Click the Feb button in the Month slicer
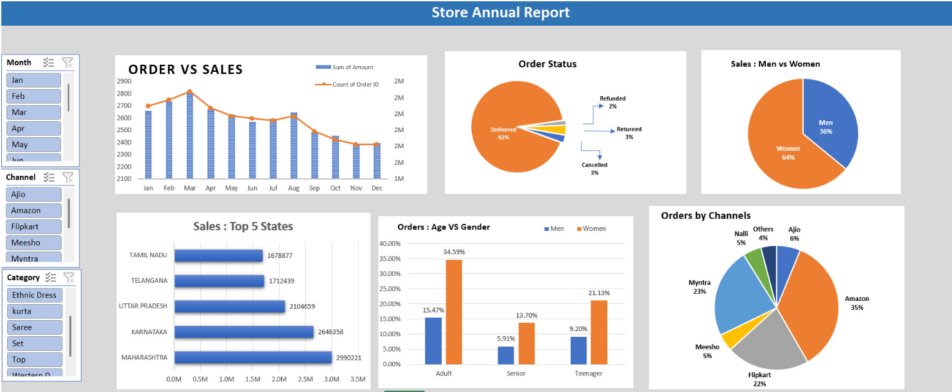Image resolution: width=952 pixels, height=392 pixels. tap(33, 96)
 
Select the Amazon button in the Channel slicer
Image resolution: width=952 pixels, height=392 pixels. tap(34, 210)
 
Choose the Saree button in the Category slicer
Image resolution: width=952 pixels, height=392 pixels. tap(35, 327)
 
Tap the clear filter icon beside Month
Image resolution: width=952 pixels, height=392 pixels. tap(67, 62)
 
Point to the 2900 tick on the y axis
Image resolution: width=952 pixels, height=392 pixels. tap(124, 81)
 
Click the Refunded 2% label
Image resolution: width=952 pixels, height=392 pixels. tap(612, 102)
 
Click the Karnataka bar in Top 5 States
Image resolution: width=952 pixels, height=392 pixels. tap(244, 332)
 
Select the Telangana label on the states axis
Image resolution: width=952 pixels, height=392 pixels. tap(148, 280)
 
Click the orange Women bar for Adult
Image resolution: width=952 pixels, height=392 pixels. tap(454, 311)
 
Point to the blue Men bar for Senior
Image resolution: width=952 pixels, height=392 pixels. tap(506, 355)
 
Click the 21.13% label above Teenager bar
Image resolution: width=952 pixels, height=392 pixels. tap(600, 293)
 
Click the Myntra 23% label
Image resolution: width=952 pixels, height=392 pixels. tap(699, 287)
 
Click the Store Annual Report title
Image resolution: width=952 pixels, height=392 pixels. tap(500, 12)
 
